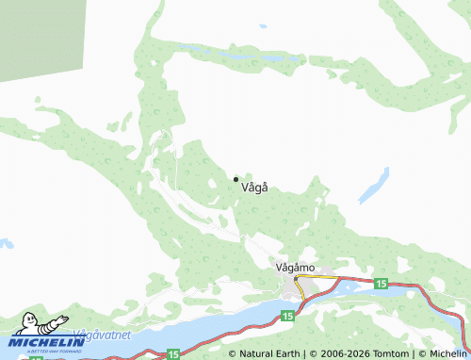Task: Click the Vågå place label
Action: click(x=255, y=187)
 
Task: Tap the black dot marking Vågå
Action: click(x=235, y=179)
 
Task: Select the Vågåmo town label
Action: click(x=295, y=267)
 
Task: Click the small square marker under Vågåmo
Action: click(x=296, y=278)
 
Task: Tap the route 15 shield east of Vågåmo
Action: click(x=381, y=284)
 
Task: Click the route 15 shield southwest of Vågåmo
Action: click(x=286, y=316)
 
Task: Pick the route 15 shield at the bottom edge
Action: click(x=172, y=354)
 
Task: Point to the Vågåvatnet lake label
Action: click(x=101, y=335)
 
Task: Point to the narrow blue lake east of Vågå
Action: click(x=374, y=186)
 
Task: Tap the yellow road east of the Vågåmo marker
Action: click(x=316, y=277)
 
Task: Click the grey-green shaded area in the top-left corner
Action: click(x=38, y=33)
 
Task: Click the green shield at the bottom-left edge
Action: click(x=36, y=356)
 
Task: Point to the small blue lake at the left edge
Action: click(x=5, y=244)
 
